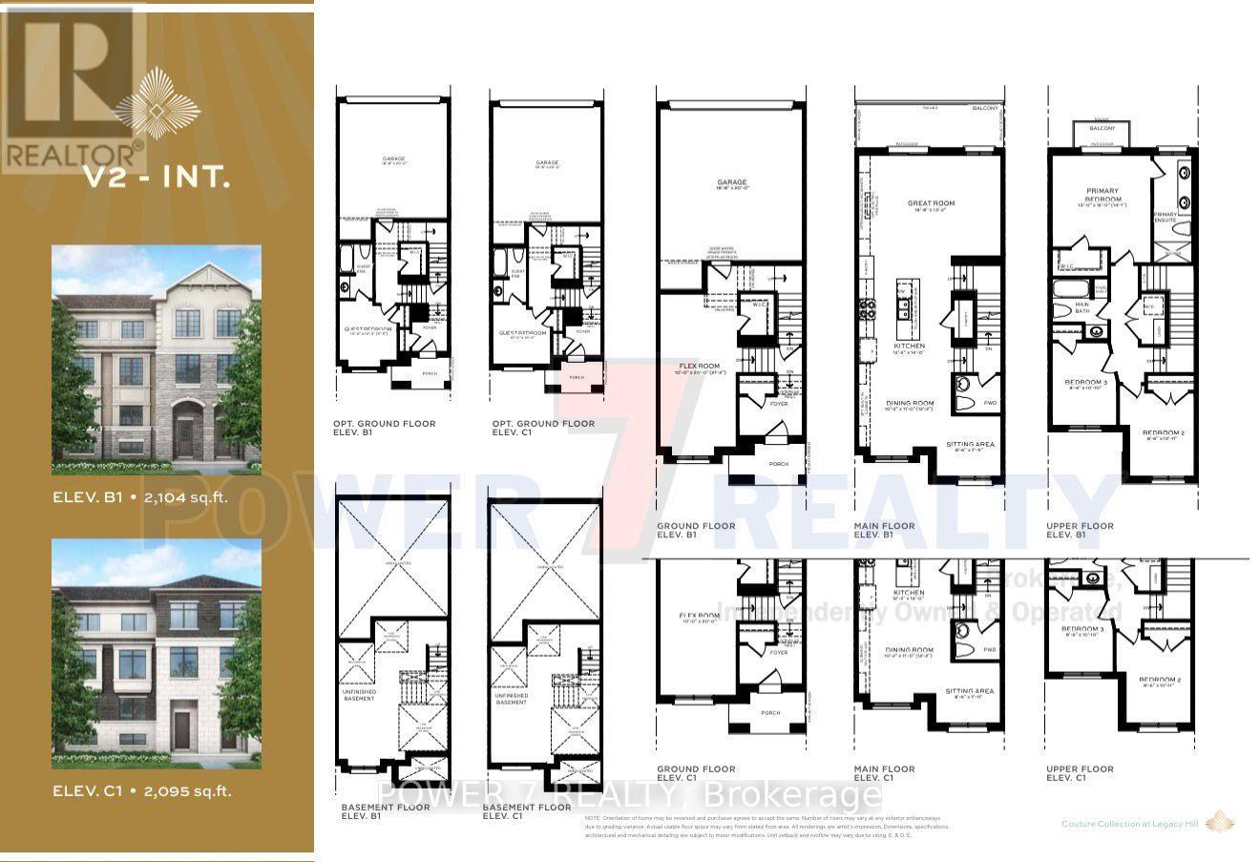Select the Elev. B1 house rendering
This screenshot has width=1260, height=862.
click(157, 360)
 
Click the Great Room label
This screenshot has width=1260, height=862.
click(931, 203)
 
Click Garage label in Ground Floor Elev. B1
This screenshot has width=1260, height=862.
click(732, 182)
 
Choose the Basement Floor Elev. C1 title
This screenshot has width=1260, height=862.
click(527, 811)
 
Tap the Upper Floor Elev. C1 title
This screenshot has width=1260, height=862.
click(1080, 773)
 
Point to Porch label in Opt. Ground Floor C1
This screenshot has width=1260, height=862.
click(576, 377)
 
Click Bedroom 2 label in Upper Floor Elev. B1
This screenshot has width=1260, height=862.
click(1164, 432)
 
